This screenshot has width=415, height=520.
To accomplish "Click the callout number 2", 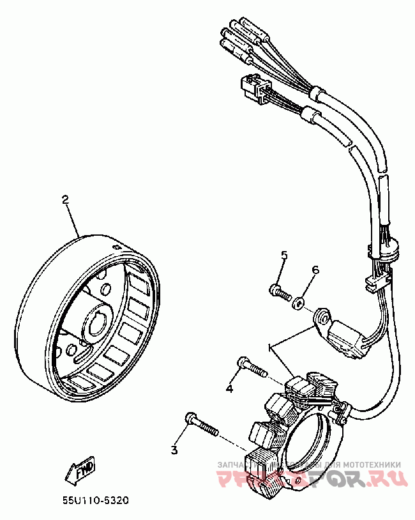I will pyautogui.click(x=64, y=199).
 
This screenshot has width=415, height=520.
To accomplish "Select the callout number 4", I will pyautogui.click(x=228, y=388).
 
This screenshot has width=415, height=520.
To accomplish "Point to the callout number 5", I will pyautogui.click(x=284, y=256).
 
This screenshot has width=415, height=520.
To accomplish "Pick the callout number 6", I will pyautogui.click(x=315, y=270).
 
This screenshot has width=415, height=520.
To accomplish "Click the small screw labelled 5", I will pyautogui.click(x=278, y=291).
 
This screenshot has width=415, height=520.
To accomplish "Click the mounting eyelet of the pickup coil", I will pyautogui.click(x=321, y=317).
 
